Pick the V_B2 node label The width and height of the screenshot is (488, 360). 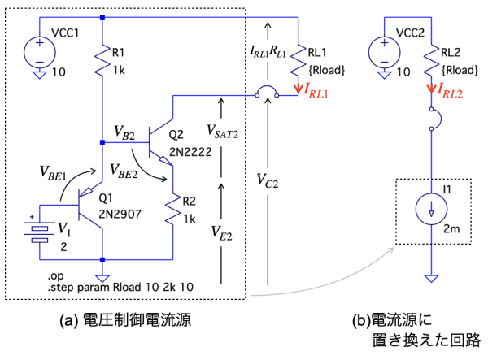click(x=125, y=131)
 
